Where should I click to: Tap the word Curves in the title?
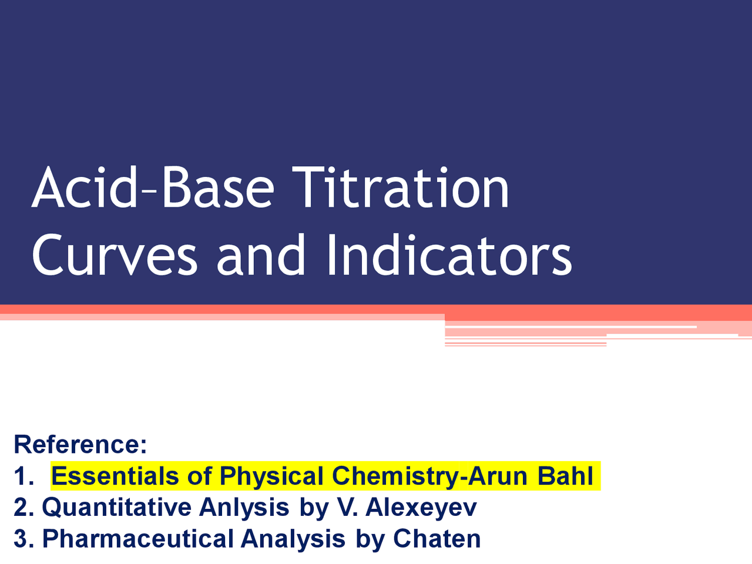[x=115, y=256]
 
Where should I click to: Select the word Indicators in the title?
[x=449, y=256]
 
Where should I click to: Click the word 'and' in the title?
[x=261, y=256]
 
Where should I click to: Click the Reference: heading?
[x=80, y=444]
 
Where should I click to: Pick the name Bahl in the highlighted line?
[x=565, y=476]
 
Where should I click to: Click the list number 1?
[x=23, y=476]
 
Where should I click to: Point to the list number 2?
[x=23, y=508]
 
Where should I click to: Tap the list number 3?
[x=23, y=539]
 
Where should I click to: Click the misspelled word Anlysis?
[x=244, y=508]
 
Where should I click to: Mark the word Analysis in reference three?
[x=293, y=539]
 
